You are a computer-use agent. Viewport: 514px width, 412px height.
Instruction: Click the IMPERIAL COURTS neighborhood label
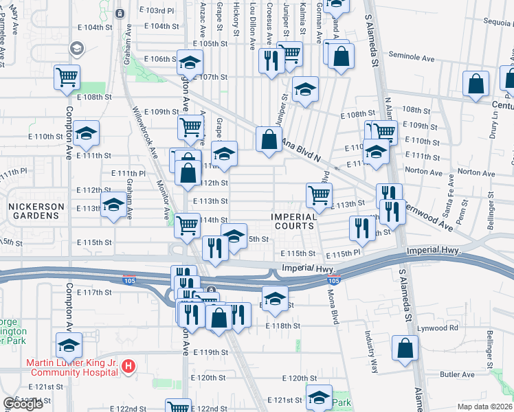293,221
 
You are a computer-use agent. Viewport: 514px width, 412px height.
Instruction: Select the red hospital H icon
128,367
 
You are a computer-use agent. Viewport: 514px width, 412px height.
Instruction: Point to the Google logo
23,404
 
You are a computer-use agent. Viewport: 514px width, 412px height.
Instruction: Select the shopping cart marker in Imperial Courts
319,195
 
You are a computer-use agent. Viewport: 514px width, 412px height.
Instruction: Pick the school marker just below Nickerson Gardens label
113,204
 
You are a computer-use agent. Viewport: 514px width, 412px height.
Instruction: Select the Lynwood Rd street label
445,328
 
